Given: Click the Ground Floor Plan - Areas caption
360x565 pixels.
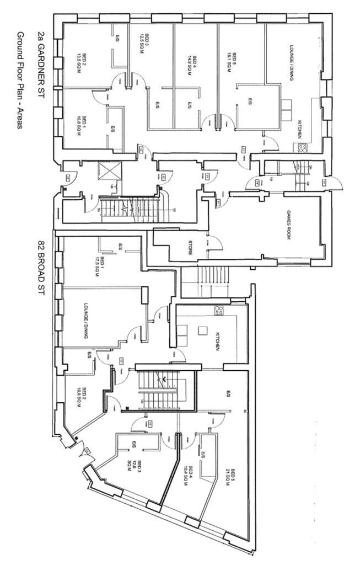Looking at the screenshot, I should (20, 80).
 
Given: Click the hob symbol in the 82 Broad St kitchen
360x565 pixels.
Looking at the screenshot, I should (219, 311).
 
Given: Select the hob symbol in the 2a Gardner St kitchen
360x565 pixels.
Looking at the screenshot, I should (302, 147).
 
